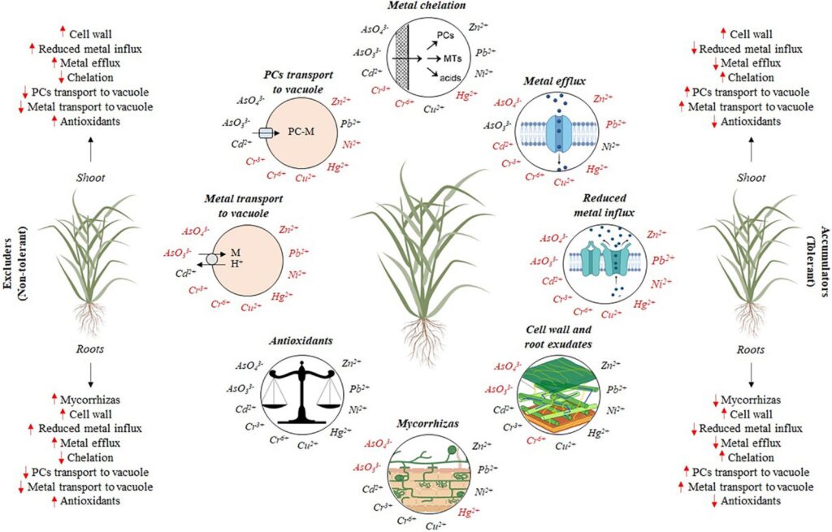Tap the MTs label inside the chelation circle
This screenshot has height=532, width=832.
pyautogui.click(x=452, y=58)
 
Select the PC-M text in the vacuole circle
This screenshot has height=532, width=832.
pyautogui.click(x=301, y=131)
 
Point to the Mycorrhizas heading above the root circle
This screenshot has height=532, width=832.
pyautogui.click(x=427, y=423)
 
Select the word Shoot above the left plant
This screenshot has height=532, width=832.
pyautogui.click(x=90, y=178)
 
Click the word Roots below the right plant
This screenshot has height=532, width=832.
pyautogui.click(x=750, y=349)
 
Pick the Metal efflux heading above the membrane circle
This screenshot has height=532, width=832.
pyautogui.click(x=555, y=81)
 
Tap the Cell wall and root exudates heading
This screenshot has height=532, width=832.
pyautogui.click(x=558, y=336)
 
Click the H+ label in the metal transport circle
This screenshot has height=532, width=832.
pyautogui.click(x=236, y=262)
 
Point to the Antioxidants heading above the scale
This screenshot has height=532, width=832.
pyautogui.click(x=301, y=340)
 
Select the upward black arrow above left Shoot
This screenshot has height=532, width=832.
pyautogui.click(x=91, y=149)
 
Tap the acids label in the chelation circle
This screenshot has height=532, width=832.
pyautogui.click(x=450, y=77)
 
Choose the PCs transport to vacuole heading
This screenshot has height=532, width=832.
pyautogui.click(x=298, y=82)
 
